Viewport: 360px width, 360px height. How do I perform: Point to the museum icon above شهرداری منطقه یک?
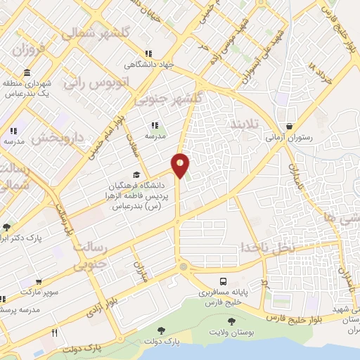point(27,72)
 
